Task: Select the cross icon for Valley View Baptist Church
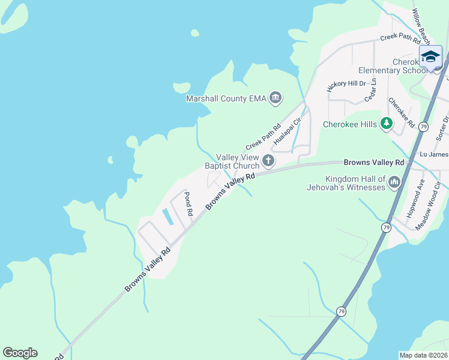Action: (268, 161)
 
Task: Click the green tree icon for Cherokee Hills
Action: (387, 124)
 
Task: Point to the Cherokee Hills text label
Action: (349, 124)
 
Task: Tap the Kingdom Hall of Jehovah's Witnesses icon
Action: (394, 182)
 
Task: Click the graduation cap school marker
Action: (430, 57)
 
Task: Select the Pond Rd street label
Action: (188, 204)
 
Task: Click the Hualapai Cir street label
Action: (287, 131)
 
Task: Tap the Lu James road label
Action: (433, 154)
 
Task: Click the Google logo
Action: (20, 353)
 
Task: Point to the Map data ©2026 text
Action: (423, 355)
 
